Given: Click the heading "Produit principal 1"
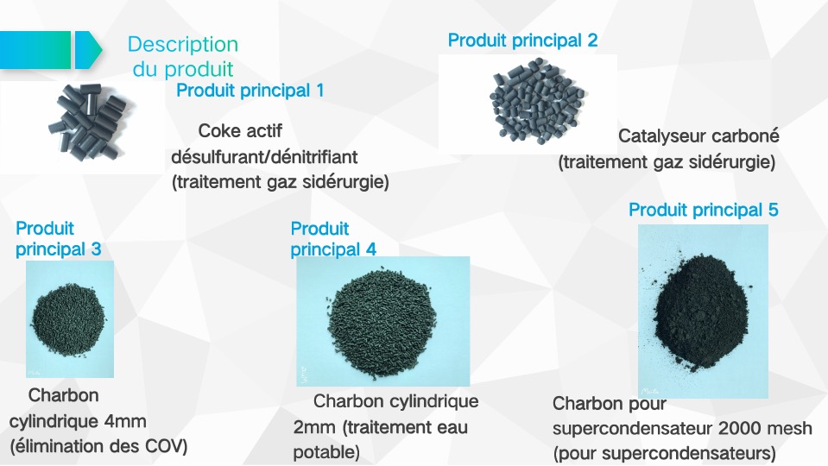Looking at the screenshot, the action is pyautogui.click(x=250, y=91).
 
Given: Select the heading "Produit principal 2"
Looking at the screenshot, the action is pyautogui.click(x=522, y=40).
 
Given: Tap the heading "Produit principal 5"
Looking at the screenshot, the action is pyautogui.click(x=704, y=210).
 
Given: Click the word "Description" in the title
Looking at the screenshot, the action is pyautogui.click(x=183, y=44).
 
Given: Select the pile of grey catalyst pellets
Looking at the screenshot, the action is pyautogui.click(x=537, y=101).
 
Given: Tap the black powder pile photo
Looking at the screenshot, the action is pyautogui.click(x=703, y=311).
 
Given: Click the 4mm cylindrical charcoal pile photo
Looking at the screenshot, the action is pyautogui.click(x=70, y=318).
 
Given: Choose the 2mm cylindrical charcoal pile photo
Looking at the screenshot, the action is pyautogui.click(x=382, y=321).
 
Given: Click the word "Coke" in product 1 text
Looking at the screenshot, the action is pyautogui.click(x=218, y=131).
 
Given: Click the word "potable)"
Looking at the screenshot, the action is pyautogui.click(x=326, y=452).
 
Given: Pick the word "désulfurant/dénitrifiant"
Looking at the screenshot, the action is pyautogui.click(x=264, y=157).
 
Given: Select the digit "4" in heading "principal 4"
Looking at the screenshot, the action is pyautogui.click(x=370, y=249).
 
